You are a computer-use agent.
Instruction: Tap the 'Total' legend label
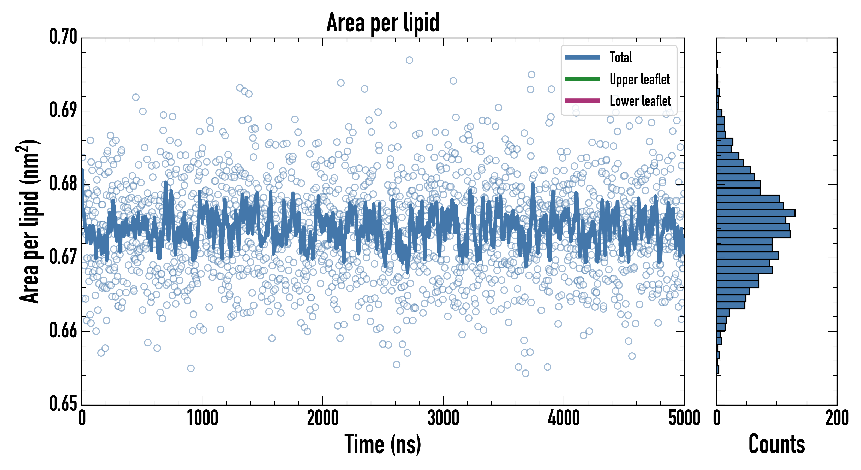(621, 57)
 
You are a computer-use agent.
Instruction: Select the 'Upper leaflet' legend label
(639, 79)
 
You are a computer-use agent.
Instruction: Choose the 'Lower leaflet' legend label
(640, 101)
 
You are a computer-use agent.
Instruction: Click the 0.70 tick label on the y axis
(63, 37)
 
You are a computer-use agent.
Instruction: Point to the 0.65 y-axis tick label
(63, 403)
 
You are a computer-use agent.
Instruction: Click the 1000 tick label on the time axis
(202, 418)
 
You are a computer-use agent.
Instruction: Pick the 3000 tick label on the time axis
(443, 418)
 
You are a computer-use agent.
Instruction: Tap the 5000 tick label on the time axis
(684, 418)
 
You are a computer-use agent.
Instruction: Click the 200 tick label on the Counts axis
(836, 418)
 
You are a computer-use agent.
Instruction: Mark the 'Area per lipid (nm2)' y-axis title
(29, 221)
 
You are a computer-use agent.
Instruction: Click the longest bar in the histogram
(755, 213)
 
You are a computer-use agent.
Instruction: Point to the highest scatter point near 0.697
(409, 60)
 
